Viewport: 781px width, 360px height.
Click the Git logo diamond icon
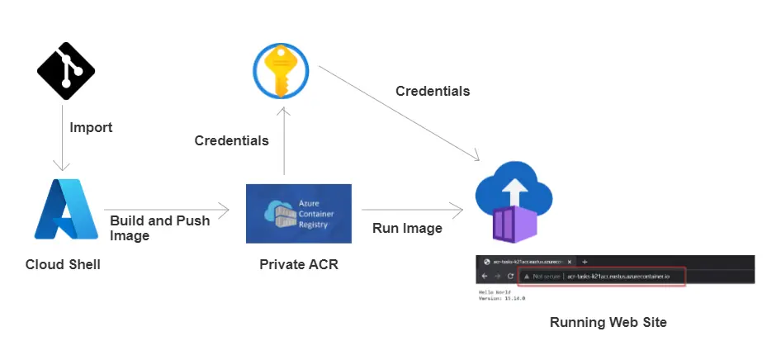(66, 71)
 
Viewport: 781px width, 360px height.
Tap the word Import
(91, 128)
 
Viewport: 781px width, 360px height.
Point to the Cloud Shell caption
(63, 264)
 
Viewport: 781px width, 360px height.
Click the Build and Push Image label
(159, 228)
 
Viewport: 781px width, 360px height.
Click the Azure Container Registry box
(299, 213)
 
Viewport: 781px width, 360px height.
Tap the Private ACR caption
(299, 264)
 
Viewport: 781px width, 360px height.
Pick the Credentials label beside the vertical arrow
(231, 140)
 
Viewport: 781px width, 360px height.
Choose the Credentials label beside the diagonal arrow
(433, 91)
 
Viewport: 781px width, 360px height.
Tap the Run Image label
(407, 228)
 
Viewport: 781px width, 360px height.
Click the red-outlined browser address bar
(602, 276)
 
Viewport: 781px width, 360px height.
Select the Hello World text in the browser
(496, 292)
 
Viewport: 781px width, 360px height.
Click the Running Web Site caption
(608, 322)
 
